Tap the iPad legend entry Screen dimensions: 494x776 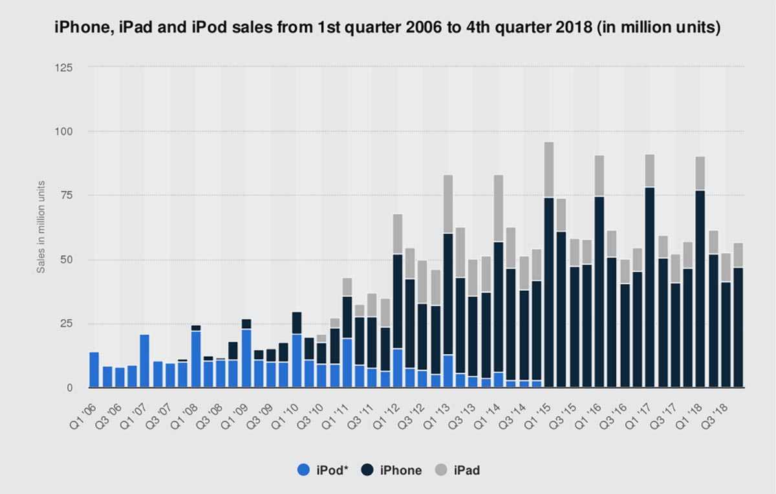point(458,470)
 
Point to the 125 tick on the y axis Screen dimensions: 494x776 point(64,67)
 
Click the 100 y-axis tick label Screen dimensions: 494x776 point(64,131)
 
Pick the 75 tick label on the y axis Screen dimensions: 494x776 point(67,196)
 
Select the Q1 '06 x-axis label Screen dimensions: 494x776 point(83,405)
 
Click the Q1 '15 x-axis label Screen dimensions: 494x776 point(538,405)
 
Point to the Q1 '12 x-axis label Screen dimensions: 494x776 point(386,405)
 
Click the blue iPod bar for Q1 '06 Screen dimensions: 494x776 point(94,370)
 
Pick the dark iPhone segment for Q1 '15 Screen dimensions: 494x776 point(549,291)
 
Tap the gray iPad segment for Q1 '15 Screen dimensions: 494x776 point(549,170)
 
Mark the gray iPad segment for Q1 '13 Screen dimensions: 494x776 point(447,204)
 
